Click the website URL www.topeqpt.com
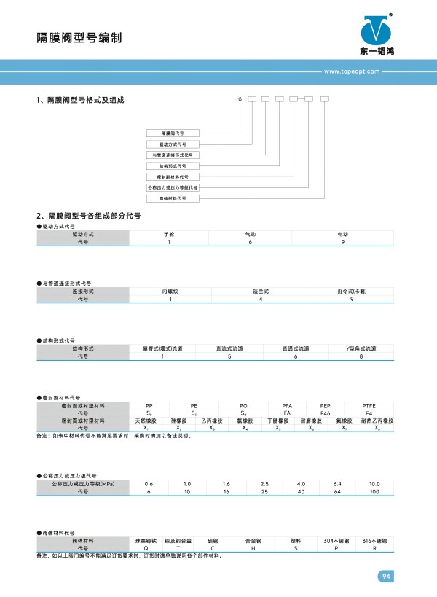coord(352,72)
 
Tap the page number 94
coord(386,577)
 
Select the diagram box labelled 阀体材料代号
coord(173,198)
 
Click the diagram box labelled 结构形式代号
coord(173,166)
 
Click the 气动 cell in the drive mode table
coord(250,233)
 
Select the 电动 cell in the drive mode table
coord(343,233)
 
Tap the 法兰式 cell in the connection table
coord(261,291)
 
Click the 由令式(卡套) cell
coord(352,291)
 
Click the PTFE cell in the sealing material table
coord(369,405)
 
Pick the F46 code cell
coord(326,413)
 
